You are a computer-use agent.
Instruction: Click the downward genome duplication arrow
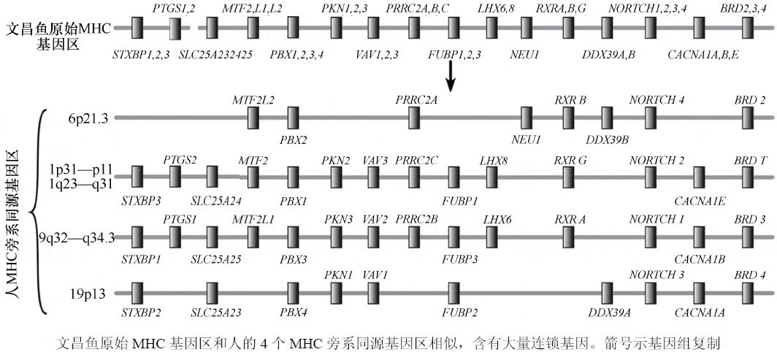452,76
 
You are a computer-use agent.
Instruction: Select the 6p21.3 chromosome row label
88,118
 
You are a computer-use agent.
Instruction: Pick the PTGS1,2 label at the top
174,9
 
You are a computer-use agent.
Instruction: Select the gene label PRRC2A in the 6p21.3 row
416,99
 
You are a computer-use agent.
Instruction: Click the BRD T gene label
750,159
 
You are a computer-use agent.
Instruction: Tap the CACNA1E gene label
700,200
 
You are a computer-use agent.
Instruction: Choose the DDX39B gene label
607,139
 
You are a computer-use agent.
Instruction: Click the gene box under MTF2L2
253,118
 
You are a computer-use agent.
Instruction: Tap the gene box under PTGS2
176,177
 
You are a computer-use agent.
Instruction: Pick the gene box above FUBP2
453,294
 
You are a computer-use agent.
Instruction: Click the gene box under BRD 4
749,294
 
